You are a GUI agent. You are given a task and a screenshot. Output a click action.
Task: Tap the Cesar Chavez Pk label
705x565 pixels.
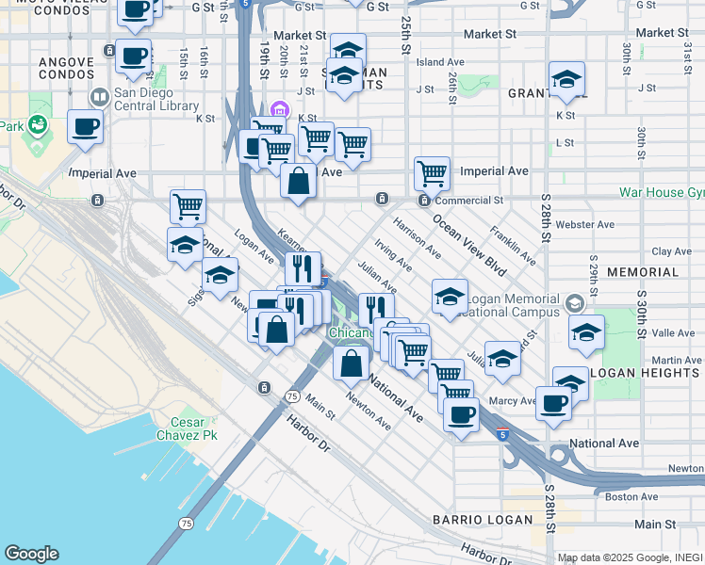194,428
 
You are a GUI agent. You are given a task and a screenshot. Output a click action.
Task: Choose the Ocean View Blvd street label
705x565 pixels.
469,246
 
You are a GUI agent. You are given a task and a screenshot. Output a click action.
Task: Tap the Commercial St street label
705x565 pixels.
469,201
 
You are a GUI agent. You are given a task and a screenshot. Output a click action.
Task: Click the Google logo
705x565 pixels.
31,554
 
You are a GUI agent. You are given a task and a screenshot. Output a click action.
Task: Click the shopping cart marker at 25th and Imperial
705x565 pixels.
432,173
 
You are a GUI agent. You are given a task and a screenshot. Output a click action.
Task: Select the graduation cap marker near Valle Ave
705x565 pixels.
587,334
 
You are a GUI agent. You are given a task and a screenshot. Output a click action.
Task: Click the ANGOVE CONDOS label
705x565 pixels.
67,69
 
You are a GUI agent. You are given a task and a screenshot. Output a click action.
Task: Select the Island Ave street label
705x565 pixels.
438,62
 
